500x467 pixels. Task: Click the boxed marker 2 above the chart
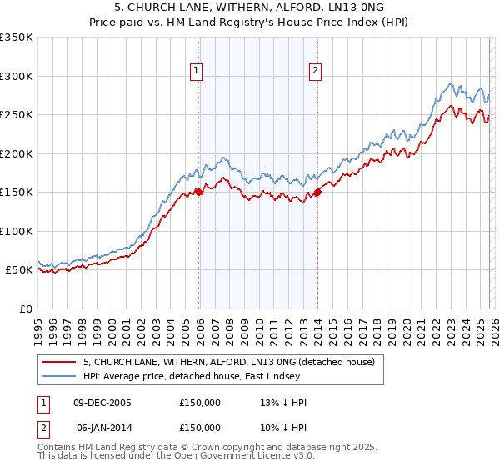click(x=317, y=72)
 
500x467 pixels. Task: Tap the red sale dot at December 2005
click(x=199, y=192)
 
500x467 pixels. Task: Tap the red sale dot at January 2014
click(x=317, y=193)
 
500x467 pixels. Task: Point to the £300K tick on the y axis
click(x=17, y=76)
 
